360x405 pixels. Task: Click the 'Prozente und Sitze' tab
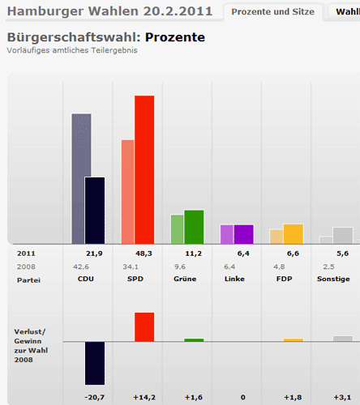[x=272, y=11]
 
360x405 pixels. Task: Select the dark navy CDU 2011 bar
[x=95, y=210]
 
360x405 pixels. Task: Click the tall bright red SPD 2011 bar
[x=144, y=169]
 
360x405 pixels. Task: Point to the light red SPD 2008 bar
[x=127, y=191]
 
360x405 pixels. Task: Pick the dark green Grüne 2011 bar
[x=194, y=227]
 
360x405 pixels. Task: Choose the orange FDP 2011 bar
[x=293, y=233]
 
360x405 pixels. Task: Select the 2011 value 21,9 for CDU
[x=94, y=254]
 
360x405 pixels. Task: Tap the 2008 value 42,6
[x=81, y=266]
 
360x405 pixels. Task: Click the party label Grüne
[x=185, y=279]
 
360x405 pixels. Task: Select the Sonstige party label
[x=334, y=279]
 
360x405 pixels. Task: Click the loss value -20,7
[x=95, y=398]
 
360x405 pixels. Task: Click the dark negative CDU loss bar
[x=95, y=363]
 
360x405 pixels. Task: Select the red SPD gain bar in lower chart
[x=144, y=326]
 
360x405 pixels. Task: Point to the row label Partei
[x=28, y=279]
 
